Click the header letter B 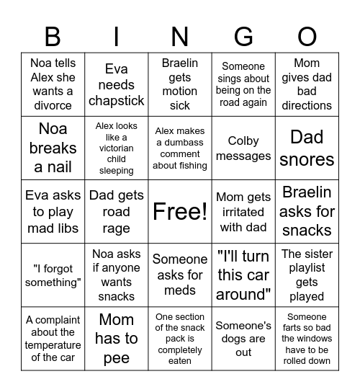[53, 36]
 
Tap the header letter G [243, 36]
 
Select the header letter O [307, 36]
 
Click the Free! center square [180, 211]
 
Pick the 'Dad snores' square [307, 148]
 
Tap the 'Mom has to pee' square [116, 338]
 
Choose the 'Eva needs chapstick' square [116, 84]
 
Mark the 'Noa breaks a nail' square [53, 148]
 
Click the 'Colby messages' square [243, 148]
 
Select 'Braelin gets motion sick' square [180, 84]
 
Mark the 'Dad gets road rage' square [116, 211]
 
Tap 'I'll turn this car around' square [243, 275]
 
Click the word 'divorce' [53, 105]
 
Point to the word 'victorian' [116, 148]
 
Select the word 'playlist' [307, 268]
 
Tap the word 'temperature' [53, 345]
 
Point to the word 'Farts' [294, 327]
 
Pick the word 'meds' [180, 290]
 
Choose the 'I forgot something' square [53, 275]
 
